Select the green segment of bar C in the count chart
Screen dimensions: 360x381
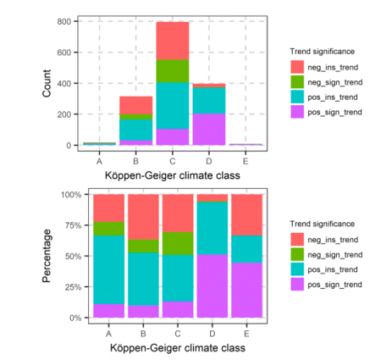click(x=172, y=70)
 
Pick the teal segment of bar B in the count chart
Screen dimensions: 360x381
click(x=135, y=130)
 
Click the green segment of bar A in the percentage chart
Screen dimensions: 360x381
click(x=108, y=228)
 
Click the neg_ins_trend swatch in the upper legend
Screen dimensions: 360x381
click(x=297, y=65)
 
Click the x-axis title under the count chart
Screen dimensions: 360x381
click(x=172, y=175)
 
